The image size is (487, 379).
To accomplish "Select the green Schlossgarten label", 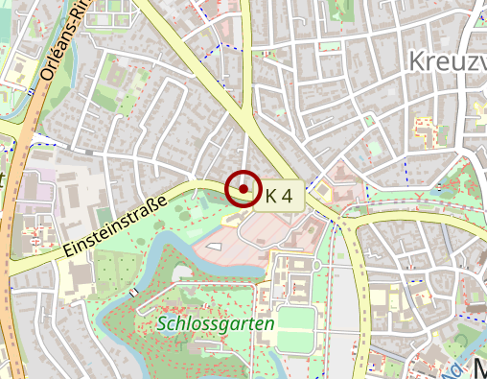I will [x=217, y=324].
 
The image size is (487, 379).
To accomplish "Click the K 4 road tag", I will [x=284, y=197].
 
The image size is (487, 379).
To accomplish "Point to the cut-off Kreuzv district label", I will [x=446, y=60].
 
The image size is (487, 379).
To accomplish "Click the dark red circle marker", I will [x=243, y=189].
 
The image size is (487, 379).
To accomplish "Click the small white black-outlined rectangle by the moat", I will [x=178, y=274].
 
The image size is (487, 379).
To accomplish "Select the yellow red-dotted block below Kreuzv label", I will [x=423, y=129].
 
